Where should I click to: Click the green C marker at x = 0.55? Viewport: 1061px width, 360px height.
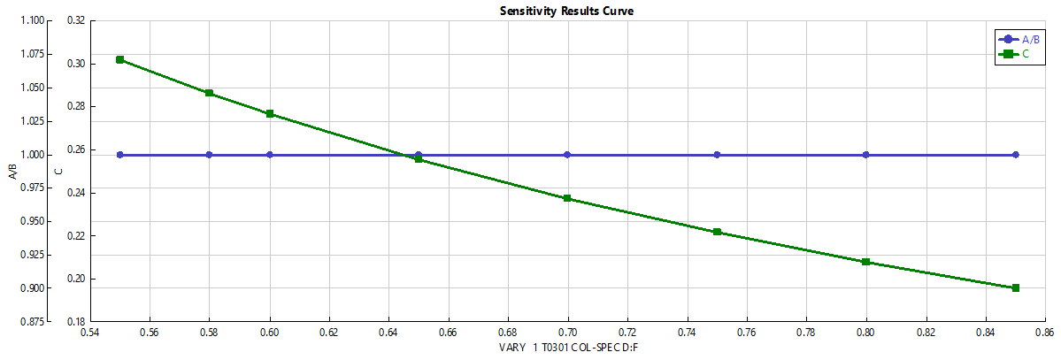pos(120,60)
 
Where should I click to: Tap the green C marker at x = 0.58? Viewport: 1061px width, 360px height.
pos(209,93)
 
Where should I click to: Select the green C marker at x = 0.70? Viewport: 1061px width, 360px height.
pos(567,198)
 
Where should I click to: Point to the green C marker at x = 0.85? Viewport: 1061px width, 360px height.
pos(1015,287)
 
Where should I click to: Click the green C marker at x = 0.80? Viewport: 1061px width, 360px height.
pos(865,262)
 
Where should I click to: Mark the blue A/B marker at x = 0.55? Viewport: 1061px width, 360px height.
pos(120,155)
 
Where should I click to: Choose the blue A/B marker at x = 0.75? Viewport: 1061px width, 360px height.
pos(717,155)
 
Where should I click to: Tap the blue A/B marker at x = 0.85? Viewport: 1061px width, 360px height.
pos(1015,155)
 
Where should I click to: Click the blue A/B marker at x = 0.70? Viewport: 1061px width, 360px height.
pos(567,155)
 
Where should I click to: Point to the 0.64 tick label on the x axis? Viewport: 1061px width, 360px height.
pos(388,333)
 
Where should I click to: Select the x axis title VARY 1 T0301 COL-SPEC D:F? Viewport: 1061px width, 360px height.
pos(569,349)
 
